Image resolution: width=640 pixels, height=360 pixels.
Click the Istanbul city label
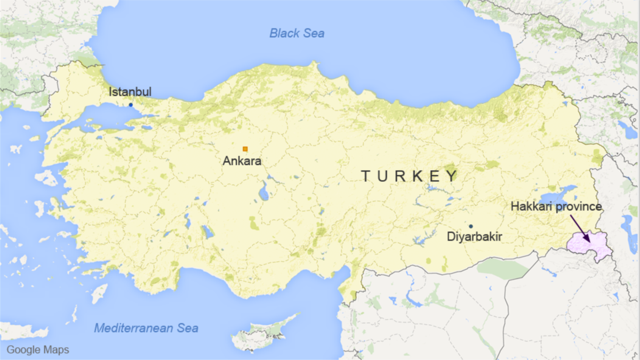[130, 92]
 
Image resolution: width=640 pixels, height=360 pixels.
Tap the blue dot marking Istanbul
[131, 105]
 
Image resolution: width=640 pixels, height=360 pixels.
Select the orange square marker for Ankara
[245, 149]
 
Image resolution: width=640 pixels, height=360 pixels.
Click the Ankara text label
[242, 161]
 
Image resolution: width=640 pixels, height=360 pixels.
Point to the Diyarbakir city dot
[471, 226]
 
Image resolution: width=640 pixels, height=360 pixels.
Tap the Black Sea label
[297, 33]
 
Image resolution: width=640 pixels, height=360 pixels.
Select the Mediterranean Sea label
[146, 327]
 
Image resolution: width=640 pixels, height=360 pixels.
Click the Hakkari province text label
[556, 206]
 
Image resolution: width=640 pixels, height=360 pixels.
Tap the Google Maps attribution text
[37, 350]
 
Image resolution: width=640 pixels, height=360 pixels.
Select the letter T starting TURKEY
[366, 176]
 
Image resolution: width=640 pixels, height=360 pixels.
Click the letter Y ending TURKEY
[452, 176]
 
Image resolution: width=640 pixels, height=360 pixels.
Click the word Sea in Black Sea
[313, 33]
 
